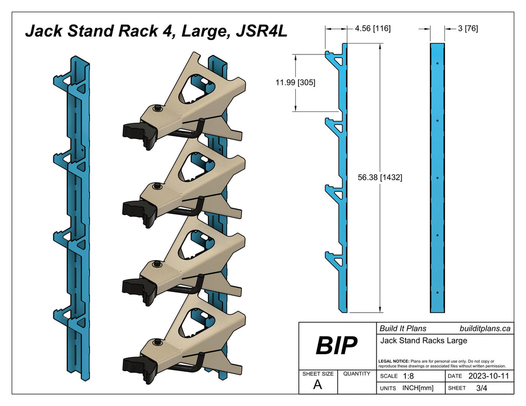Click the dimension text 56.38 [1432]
pos(380,178)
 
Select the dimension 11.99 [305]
pos(295,82)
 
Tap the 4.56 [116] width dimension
pos(372,29)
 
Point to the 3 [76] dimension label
pos(467,29)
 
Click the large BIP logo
pos(336,346)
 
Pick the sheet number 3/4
pos(482,389)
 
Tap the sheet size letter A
pos(317,385)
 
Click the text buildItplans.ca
pos(484,328)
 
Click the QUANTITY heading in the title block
pos(356,374)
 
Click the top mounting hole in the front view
pos(437,63)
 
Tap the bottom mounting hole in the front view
pos(437,293)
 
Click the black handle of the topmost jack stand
pos(139,132)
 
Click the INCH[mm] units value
pos(418,389)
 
